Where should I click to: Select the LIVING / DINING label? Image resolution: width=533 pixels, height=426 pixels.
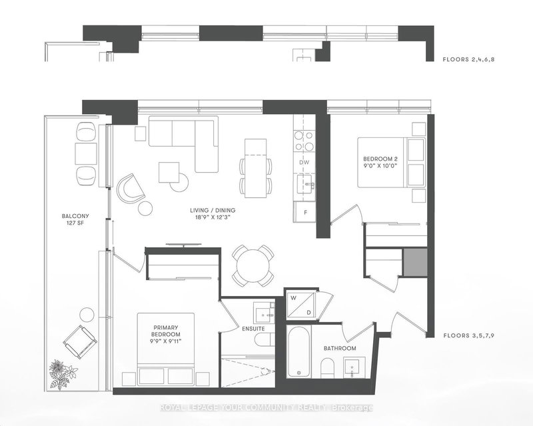click(x=216, y=210)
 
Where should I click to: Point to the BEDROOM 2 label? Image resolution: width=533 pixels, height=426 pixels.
click(x=381, y=158)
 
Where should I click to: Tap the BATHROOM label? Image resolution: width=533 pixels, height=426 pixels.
click(x=340, y=349)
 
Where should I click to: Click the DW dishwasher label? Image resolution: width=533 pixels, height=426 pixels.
click(x=304, y=162)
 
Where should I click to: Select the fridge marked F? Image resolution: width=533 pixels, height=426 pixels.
click(x=305, y=212)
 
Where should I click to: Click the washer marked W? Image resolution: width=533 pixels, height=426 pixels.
click(x=292, y=298)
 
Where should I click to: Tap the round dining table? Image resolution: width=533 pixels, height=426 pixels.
click(x=253, y=265)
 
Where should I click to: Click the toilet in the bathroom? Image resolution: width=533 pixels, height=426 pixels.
click(x=326, y=368)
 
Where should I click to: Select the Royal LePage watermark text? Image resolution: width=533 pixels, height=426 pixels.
click(x=266, y=408)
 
